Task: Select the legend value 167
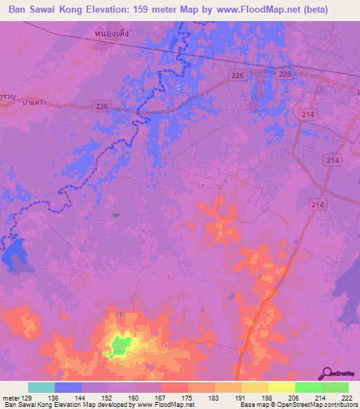[x=161, y=398]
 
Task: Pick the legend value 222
[x=346, y=398]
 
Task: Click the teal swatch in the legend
[x=41, y=387]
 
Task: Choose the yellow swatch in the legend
[x=281, y=387]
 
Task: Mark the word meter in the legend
[x=12, y=398]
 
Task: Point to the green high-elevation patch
[x=122, y=345]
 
